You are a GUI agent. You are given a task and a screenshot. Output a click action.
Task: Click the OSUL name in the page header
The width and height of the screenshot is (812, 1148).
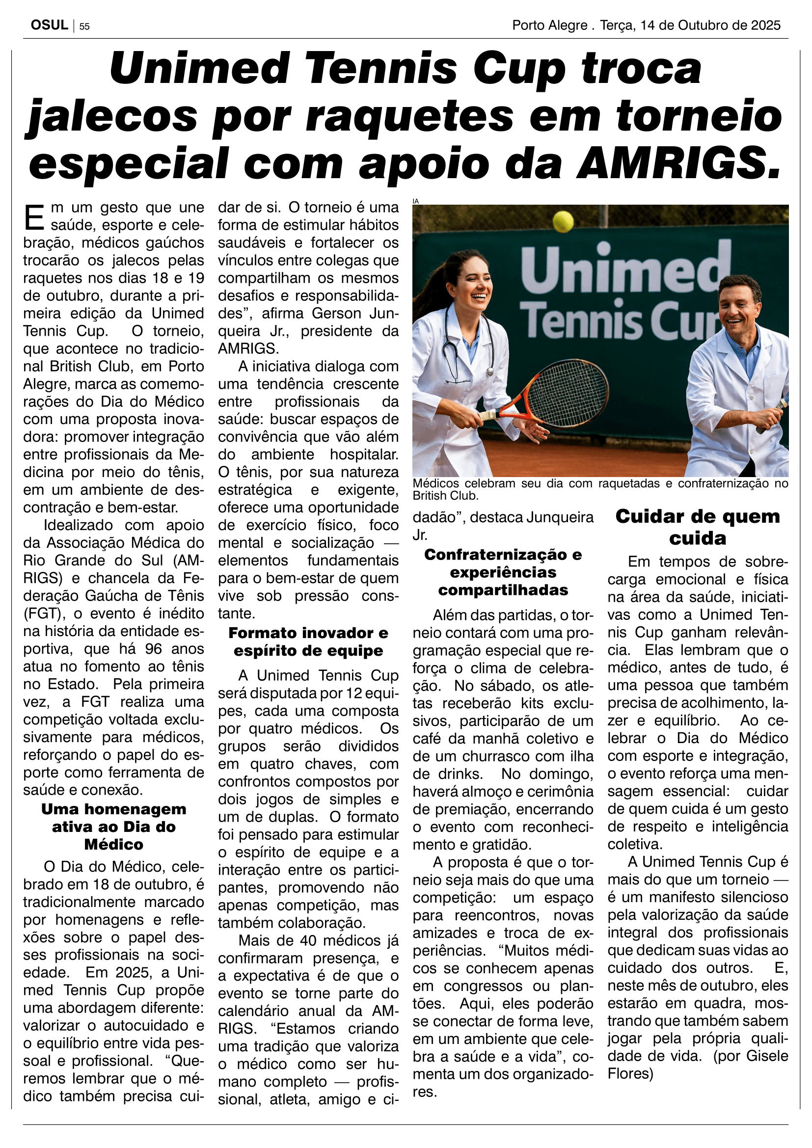pos(49,25)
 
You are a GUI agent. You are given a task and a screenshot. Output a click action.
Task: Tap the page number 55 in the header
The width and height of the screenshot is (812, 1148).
pos(84,27)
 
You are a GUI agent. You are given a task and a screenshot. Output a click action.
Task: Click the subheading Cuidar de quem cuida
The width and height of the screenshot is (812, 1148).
pos(698,527)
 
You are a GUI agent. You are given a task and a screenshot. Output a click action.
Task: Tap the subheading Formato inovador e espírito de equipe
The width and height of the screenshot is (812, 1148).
pos(308,641)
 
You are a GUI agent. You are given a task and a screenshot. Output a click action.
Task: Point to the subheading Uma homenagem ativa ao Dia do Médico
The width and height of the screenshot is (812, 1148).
pos(113,827)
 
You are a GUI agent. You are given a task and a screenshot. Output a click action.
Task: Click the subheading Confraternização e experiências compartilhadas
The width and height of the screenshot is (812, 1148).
pos(503,572)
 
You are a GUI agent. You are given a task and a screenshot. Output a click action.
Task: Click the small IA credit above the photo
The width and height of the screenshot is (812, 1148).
pos(415,201)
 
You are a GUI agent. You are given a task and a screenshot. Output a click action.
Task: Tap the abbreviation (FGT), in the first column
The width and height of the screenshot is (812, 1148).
pos(44,614)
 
